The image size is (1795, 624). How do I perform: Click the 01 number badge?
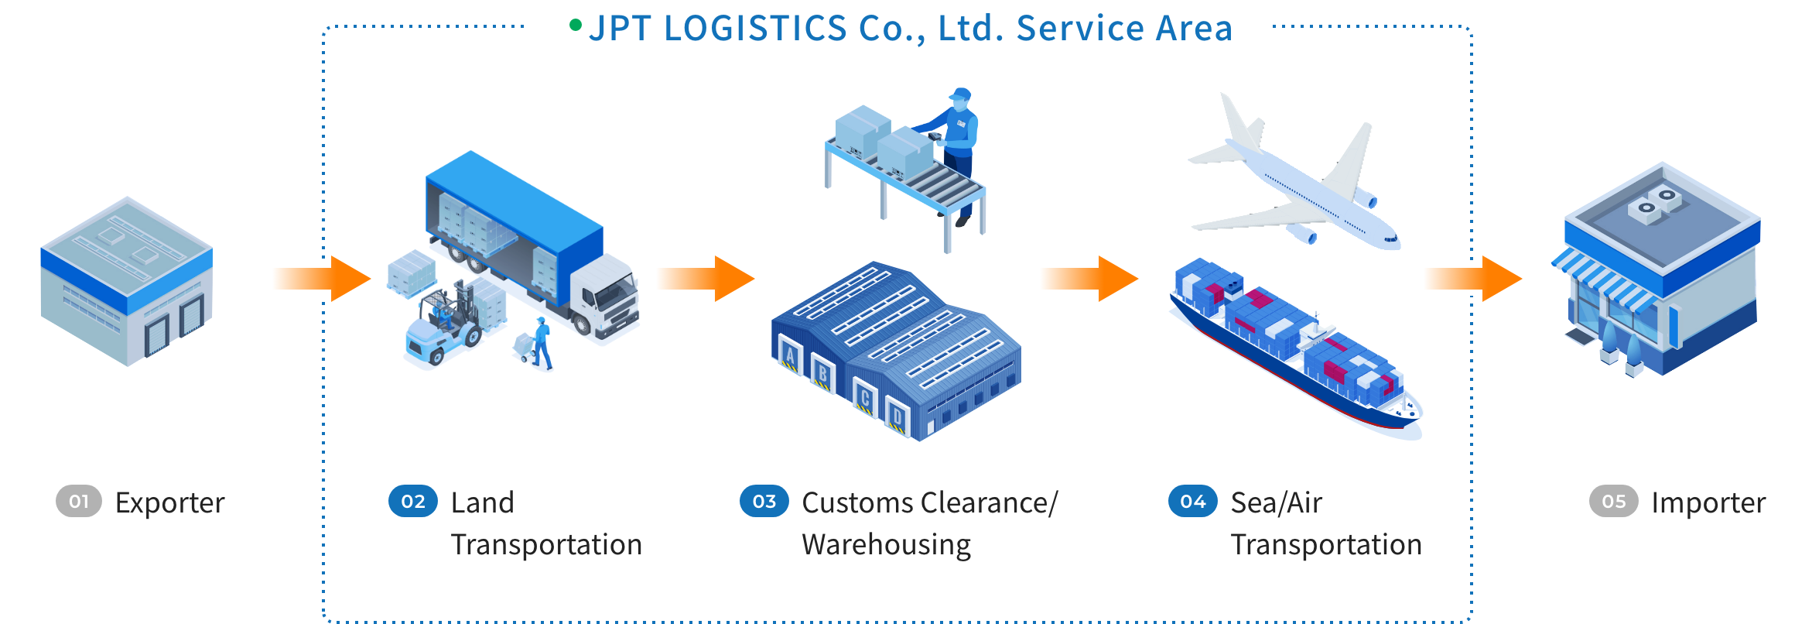(x=79, y=502)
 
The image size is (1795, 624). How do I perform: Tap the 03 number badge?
(x=764, y=502)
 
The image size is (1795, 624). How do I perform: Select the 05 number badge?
(x=1613, y=502)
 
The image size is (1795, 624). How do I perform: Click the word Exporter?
(x=170, y=503)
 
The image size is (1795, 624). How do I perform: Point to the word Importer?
(x=1708, y=503)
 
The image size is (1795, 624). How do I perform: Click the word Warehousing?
(x=887, y=545)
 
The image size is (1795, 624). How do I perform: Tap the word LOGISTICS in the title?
(x=756, y=29)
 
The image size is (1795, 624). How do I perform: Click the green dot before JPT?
(x=575, y=26)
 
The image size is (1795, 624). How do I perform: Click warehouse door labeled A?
(x=790, y=356)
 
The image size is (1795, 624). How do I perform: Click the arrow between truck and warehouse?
(x=704, y=279)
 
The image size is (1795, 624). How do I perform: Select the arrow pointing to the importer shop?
(x=1474, y=279)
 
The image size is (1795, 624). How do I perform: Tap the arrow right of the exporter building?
(x=321, y=279)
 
